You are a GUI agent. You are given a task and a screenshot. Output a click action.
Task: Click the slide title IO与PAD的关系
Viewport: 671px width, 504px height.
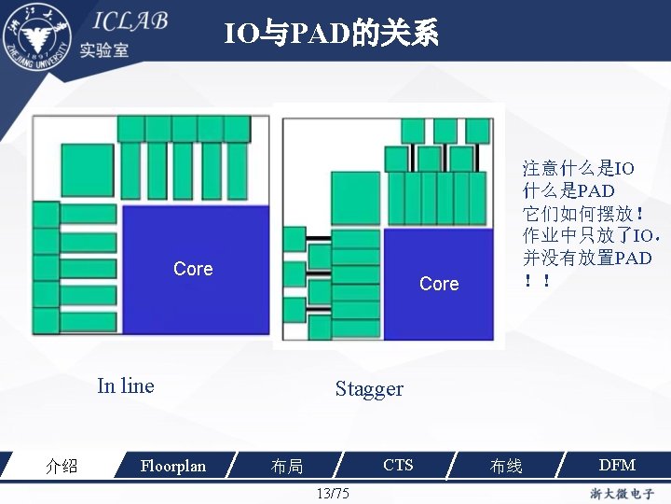[x=331, y=35]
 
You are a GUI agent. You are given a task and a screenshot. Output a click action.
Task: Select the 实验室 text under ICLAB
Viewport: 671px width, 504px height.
[x=104, y=50]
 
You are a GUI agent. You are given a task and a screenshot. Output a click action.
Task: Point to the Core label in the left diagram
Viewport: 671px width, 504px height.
[x=193, y=269]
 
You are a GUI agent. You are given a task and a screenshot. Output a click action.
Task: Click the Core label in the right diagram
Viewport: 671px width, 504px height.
[x=439, y=284]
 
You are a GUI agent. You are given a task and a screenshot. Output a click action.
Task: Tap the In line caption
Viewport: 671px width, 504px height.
[x=126, y=385]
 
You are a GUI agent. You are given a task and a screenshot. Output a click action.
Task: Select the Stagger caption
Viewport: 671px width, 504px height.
[x=369, y=389]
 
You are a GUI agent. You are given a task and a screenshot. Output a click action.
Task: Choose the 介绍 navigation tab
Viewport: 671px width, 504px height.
[x=62, y=466]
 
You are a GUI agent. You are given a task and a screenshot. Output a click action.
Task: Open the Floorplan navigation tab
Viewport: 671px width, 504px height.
[x=172, y=466]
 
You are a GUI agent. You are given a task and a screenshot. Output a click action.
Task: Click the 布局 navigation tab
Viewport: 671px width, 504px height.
[x=287, y=466]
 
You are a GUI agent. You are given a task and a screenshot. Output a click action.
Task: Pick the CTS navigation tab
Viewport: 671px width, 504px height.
[x=398, y=465]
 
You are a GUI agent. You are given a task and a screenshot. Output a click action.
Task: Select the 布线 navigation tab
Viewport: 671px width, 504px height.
[x=506, y=466]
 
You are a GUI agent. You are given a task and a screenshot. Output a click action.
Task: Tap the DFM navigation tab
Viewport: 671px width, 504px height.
[x=617, y=465]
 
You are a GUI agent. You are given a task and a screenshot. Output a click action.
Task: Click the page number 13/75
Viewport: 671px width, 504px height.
[x=333, y=493]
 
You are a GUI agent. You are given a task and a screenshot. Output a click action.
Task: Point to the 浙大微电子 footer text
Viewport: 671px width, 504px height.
[x=622, y=493]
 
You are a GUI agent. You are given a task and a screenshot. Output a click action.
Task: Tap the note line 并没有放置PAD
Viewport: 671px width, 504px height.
[x=587, y=258]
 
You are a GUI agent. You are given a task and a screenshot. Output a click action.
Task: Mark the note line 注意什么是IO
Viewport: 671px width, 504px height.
[x=578, y=168]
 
